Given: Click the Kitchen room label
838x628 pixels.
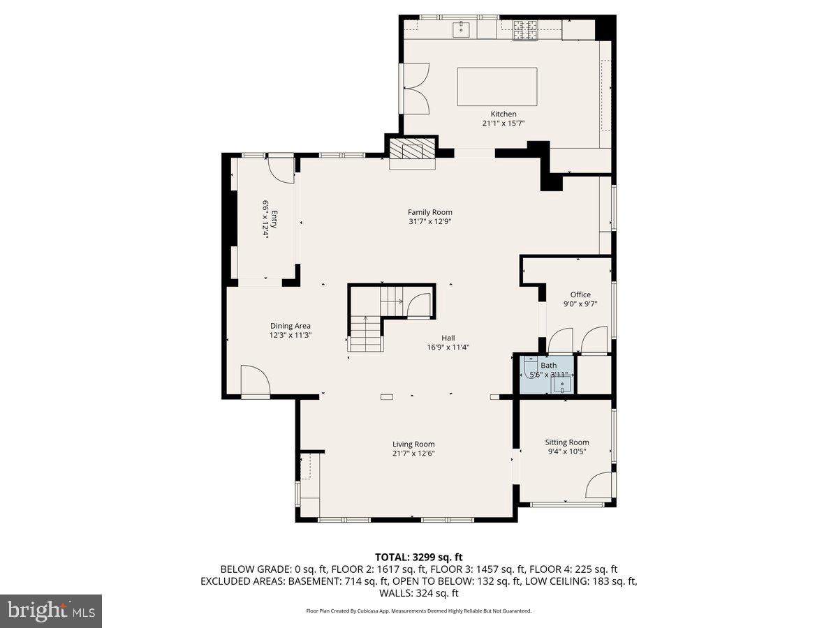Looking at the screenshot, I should point(503,114).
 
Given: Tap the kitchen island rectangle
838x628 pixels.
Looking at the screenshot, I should point(497,87).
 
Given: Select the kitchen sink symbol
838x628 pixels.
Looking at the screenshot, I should point(461,29).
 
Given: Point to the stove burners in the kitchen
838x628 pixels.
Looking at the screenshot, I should point(524,30).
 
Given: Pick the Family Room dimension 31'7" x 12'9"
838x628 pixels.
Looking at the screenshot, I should point(430,222).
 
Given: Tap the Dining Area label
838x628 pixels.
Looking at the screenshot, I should point(291,326).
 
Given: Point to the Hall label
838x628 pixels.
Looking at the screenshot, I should point(448,338).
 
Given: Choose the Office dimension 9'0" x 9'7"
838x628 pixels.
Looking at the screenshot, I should point(580,304).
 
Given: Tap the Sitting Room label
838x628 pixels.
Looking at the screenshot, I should point(567,442).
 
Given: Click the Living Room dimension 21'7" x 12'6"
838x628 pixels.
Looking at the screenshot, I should point(413,454).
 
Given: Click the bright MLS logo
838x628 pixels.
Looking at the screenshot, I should point(51,611).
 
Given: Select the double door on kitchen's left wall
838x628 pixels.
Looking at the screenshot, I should point(417,89).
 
